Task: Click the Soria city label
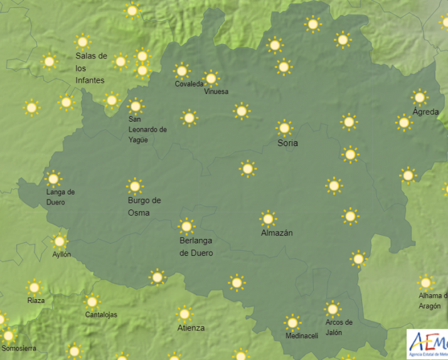pos(288,143)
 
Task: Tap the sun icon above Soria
pos(284,128)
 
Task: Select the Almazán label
pos(277,233)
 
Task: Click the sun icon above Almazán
pos(268,218)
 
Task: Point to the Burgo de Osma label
pos(144,206)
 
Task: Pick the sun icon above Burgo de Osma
pos(134,186)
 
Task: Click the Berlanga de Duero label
pos(196,246)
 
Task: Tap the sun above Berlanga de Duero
pos(186,226)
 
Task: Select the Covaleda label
pos(189,84)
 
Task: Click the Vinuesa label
pos(216,92)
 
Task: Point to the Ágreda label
pos(426,112)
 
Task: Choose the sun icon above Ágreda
pos(419,97)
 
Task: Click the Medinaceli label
pos(302,336)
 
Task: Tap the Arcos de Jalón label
pos(339,327)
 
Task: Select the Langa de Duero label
pos(60,197)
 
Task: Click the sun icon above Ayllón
pos(60,241)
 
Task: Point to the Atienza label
pos(191,327)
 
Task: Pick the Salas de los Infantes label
pos(91,68)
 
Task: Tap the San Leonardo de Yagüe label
pos(147,129)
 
